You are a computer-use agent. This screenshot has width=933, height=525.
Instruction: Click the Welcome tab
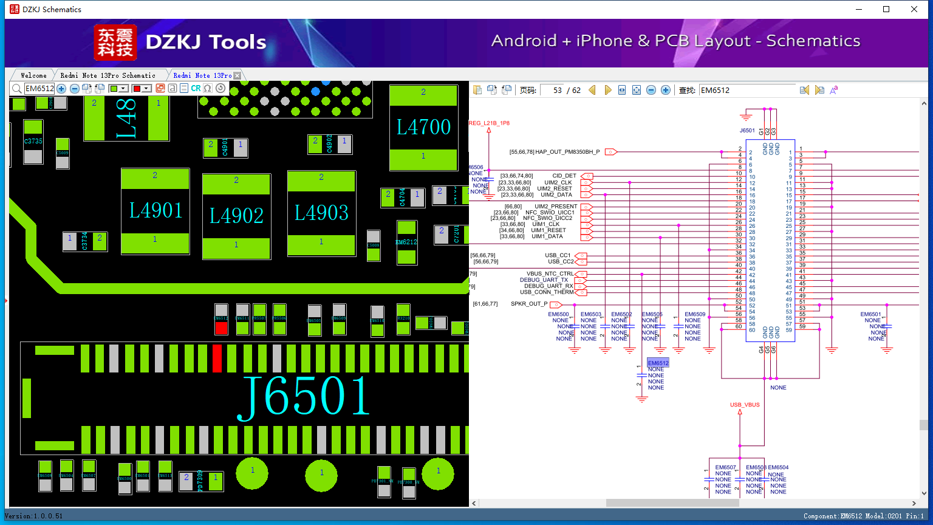coord(33,75)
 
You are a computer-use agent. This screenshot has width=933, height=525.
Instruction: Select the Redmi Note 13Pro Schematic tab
coord(108,75)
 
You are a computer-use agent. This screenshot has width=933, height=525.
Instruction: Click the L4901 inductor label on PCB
coord(155,211)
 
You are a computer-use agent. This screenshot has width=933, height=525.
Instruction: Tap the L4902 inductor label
coord(236,216)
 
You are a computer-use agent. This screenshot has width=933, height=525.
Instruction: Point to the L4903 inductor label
coord(321,213)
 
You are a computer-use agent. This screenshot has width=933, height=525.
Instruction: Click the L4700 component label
coord(423,127)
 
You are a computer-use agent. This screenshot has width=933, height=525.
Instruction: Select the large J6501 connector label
coord(304,396)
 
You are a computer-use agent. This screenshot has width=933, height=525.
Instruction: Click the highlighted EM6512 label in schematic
coord(658,363)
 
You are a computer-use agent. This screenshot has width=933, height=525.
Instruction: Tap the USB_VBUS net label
coord(745,405)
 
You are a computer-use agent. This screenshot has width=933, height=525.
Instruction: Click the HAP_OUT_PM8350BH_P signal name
coord(567,152)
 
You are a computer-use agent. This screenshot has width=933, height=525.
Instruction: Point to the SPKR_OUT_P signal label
coord(529,304)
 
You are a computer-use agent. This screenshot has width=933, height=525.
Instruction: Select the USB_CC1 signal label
coord(558,255)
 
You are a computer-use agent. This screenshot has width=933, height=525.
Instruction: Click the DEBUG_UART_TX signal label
coord(544,280)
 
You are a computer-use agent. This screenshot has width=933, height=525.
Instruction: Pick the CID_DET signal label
coord(564,176)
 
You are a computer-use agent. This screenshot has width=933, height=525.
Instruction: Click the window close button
coord(914,9)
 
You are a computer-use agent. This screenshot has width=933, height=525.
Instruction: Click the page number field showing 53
coord(553,90)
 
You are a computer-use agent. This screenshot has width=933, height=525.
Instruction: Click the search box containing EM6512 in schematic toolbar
coord(747,90)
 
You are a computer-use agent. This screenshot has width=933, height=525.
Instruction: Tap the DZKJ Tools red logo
coord(115,43)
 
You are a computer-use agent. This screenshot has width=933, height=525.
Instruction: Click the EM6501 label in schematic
coord(870,315)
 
